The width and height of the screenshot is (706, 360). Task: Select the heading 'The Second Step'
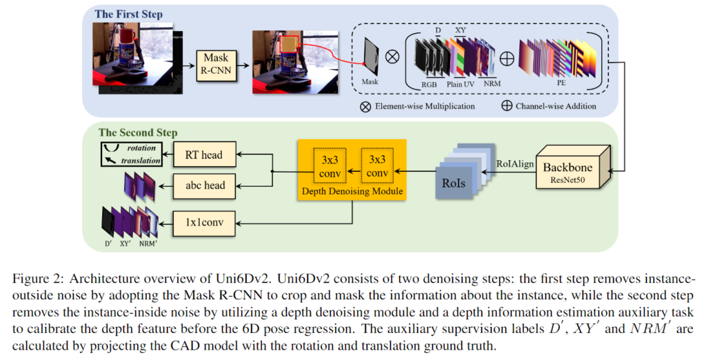[x=138, y=132]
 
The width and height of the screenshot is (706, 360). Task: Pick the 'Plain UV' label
[x=461, y=83]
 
